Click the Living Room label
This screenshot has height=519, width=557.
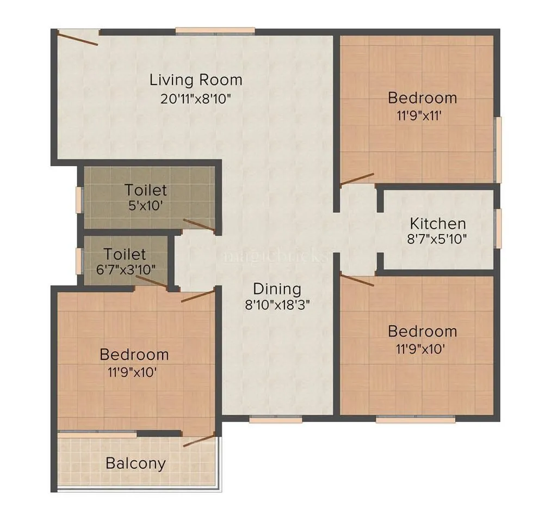click(196, 80)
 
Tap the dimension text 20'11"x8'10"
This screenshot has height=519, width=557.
click(196, 99)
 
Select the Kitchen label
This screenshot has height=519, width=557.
click(437, 223)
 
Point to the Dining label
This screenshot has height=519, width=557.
click(277, 289)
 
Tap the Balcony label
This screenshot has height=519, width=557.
click(135, 464)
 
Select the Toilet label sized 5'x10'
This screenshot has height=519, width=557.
click(146, 191)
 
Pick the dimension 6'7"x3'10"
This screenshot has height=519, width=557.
click(125, 269)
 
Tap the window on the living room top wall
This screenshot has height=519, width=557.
click(215, 31)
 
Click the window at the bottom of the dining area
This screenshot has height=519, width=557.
click(276, 419)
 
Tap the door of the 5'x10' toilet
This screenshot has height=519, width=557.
click(199, 225)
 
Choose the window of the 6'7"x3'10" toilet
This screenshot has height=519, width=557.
click(79, 259)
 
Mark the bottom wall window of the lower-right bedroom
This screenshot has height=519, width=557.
click(416, 419)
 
